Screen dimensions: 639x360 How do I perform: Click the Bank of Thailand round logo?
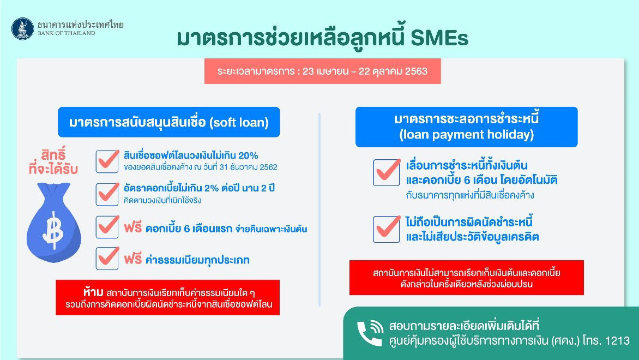23,29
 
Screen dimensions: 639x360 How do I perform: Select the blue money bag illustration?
54,222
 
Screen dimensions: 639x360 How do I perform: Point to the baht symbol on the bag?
53,230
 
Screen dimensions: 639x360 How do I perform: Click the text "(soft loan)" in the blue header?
239,123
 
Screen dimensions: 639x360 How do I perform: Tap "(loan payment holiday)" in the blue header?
467,135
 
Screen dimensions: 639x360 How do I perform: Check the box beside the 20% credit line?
107,161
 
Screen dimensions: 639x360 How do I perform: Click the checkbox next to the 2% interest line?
107,194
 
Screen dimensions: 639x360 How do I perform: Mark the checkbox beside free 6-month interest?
107,226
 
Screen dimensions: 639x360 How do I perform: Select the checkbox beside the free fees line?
107,258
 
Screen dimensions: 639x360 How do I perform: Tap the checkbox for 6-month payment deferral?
387,172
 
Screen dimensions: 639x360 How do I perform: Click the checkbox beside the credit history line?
387,229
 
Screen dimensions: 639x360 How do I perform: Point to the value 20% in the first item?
248,155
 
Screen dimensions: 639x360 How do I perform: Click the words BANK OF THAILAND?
67,33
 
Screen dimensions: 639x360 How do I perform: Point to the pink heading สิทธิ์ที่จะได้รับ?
53,161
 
